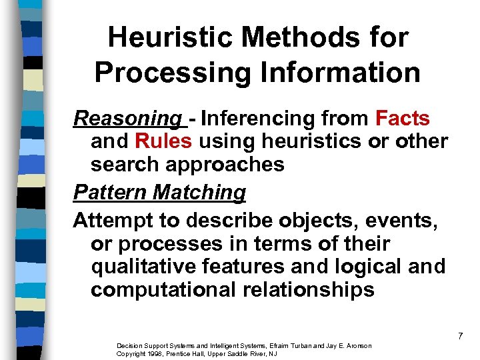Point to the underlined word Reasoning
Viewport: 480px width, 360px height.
click(x=127, y=119)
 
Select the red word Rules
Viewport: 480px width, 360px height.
click(x=163, y=141)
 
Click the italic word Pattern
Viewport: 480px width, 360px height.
click(x=111, y=193)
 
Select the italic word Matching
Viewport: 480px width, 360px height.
click(x=199, y=193)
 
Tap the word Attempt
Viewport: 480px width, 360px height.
click(x=111, y=220)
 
